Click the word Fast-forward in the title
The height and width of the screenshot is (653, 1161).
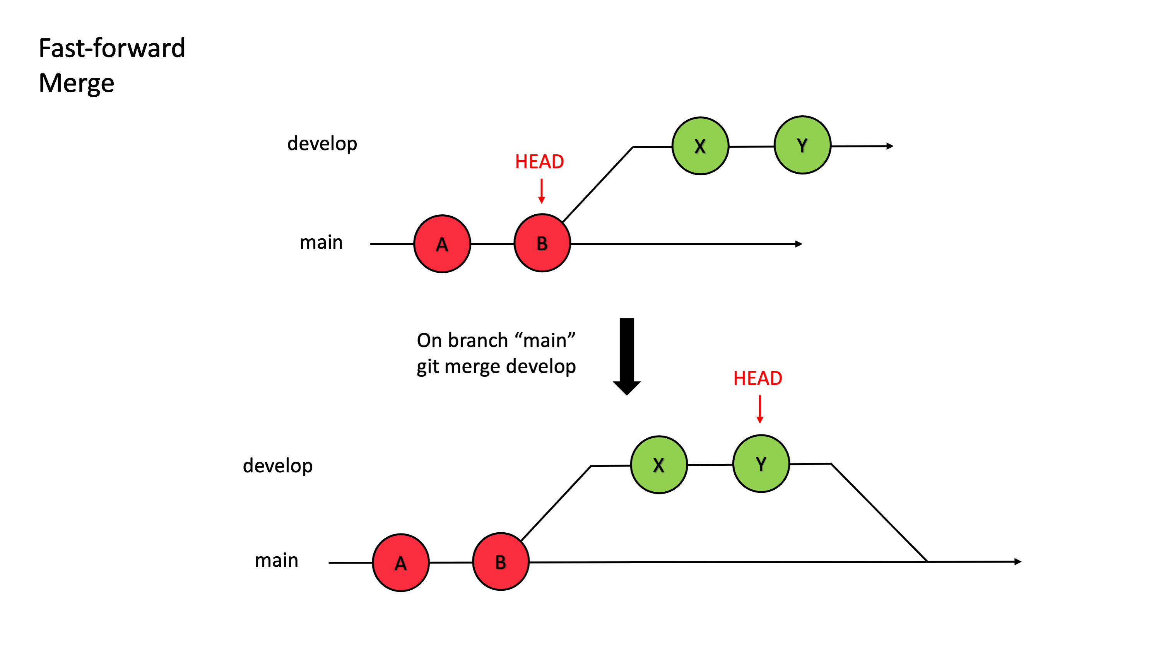point(112,48)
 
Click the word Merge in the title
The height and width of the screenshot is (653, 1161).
point(77,84)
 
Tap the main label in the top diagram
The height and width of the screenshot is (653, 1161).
point(321,243)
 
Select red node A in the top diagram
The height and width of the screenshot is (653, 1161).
point(442,244)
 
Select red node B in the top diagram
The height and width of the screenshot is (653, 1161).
point(542,243)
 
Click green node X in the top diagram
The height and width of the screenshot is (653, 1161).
point(700,146)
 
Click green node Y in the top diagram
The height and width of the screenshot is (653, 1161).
point(802,145)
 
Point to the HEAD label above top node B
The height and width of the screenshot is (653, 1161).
point(539,162)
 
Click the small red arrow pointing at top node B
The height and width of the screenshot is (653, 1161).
point(542,191)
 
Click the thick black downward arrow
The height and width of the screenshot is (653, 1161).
point(627,356)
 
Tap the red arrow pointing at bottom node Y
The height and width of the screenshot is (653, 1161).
point(760,409)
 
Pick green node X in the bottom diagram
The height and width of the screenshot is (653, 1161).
point(659,465)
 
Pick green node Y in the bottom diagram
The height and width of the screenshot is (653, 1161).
point(761,464)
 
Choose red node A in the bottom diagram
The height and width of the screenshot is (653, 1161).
point(401,562)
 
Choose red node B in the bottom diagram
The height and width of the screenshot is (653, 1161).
point(501,562)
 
